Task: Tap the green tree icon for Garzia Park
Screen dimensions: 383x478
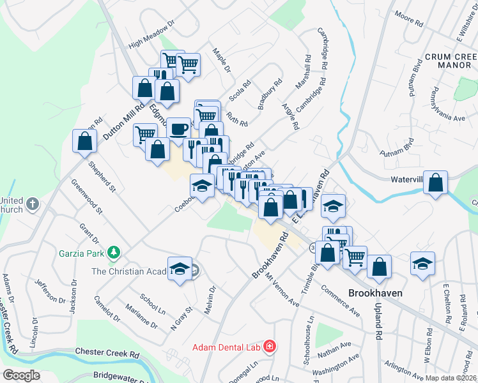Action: pos(114,252)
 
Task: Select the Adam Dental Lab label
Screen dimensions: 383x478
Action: pos(227,347)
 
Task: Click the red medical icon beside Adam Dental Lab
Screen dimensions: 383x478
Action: pos(270,347)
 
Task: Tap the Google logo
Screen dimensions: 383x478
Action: pos(21,375)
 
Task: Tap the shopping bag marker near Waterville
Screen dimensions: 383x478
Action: pos(436,183)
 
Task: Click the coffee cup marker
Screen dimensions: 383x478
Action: pos(178,129)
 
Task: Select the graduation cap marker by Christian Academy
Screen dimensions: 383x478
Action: pos(180,268)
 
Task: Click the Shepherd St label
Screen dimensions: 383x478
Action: pos(102,176)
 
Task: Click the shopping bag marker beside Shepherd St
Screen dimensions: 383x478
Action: pos(84,142)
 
